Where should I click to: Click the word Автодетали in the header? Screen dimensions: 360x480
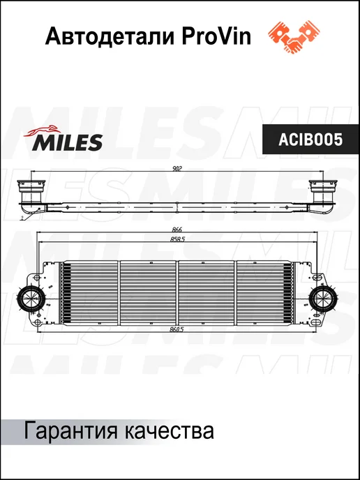pos(110,37)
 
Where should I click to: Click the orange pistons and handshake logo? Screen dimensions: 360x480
pos(294,37)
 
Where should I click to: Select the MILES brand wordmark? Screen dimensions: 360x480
pos(68,142)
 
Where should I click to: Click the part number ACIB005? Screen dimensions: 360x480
pos(310,140)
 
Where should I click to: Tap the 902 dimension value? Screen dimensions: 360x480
pos(177,168)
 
